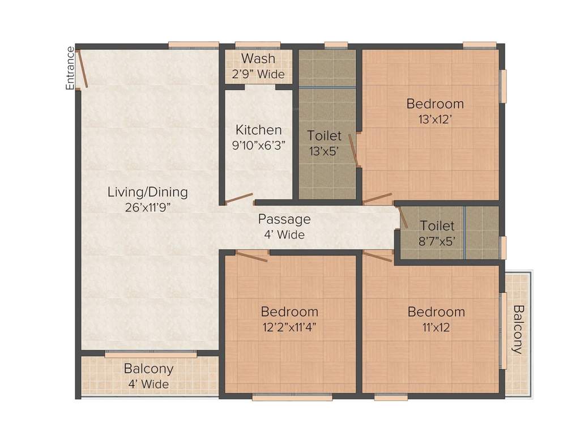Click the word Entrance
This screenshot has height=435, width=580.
coord(70,69)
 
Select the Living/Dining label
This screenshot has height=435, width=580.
coord(147,192)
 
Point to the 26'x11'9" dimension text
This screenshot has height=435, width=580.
coord(147,207)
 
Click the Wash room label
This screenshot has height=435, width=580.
coord(258,58)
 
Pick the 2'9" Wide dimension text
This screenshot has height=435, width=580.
coord(258,74)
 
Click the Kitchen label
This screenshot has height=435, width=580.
coord(258,130)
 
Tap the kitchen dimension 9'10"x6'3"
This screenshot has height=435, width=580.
coord(258,144)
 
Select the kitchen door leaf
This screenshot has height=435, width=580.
coord(239,198)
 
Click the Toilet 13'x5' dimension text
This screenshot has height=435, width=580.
coord(325,151)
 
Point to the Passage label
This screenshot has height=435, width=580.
coord(284,219)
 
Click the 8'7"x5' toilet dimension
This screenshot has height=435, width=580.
coord(437,241)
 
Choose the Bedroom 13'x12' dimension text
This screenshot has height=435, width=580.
coord(435,119)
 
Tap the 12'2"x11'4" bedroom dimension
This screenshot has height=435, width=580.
coord(289,327)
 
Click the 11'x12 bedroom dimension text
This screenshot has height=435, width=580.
coord(436,327)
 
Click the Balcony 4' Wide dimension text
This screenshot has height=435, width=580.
coord(148,384)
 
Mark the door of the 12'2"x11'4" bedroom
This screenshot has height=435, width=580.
coord(251,256)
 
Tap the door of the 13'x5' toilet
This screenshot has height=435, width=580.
coord(354,151)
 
